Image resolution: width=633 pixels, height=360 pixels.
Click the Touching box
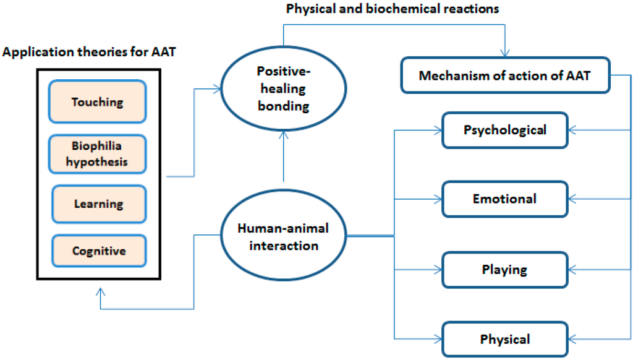click(x=98, y=102)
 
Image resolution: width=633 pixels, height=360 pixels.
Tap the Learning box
click(x=98, y=204)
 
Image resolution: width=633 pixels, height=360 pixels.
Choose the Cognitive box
click(x=98, y=251)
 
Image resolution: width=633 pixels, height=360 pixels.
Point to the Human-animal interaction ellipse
click(x=283, y=236)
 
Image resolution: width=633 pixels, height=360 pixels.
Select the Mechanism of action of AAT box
click(x=505, y=76)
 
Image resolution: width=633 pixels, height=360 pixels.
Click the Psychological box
click(x=504, y=130)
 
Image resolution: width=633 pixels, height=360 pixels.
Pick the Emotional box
click(x=504, y=199)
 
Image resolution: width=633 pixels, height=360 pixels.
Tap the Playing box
click(x=504, y=270)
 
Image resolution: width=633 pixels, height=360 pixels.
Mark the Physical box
click(x=504, y=339)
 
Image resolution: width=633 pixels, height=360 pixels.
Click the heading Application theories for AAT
click(x=89, y=52)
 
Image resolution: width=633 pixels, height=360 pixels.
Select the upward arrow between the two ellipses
click(x=283, y=158)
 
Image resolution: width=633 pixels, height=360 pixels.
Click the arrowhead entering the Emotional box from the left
click(x=438, y=199)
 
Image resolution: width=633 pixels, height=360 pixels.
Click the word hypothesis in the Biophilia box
click(x=98, y=162)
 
